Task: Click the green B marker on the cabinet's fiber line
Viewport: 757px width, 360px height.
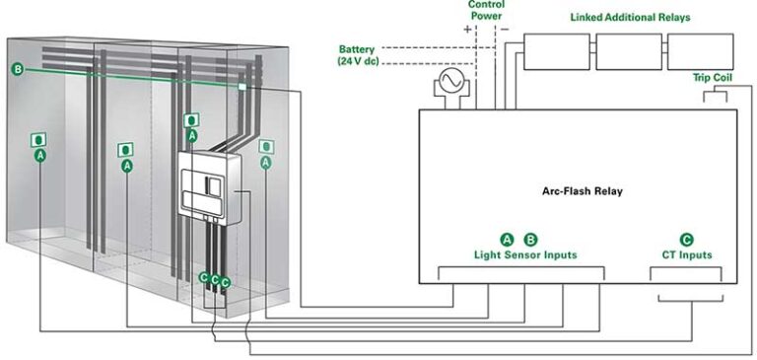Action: tap(18, 69)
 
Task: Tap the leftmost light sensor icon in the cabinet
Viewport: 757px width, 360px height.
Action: tap(39, 140)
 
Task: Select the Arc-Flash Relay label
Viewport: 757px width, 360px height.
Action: tap(582, 190)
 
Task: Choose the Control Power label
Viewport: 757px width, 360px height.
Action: tap(485, 11)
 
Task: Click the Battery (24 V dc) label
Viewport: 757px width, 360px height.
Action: tap(357, 55)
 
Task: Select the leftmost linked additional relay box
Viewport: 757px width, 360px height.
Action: tap(556, 51)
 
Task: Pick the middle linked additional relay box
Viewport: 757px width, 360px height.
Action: tap(628, 51)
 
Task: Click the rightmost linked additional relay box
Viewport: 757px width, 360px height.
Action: tap(699, 51)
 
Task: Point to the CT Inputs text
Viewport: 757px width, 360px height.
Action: tap(686, 255)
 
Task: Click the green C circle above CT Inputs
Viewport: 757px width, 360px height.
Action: tap(686, 239)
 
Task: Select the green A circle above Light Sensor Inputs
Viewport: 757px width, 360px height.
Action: tap(508, 239)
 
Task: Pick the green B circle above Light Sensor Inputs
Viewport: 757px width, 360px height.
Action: tap(530, 239)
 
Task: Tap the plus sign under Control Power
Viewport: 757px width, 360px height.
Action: tap(467, 30)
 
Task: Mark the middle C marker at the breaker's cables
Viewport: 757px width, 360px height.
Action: tap(214, 281)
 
